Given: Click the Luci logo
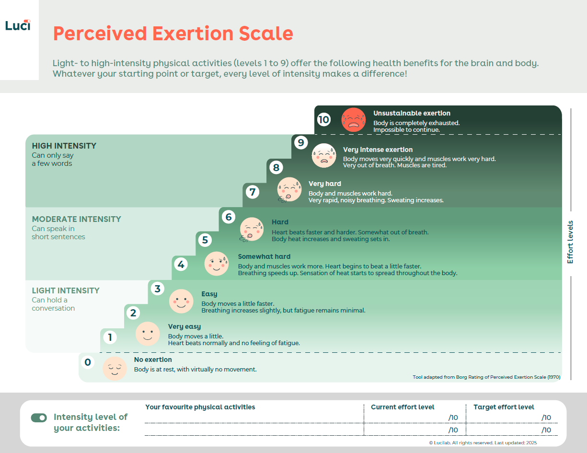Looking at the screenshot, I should click(x=18, y=25).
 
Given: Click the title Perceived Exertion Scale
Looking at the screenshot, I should click(x=173, y=34).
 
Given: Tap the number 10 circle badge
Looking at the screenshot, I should click(x=324, y=119).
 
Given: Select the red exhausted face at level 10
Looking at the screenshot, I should click(x=354, y=119).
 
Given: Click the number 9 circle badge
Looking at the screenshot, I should click(x=301, y=142).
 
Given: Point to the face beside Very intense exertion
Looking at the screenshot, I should click(x=324, y=156).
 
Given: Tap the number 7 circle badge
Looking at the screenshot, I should click(x=253, y=192).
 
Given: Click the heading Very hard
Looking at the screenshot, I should click(x=324, y=184).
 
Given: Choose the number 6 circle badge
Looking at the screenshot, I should click(x=229, y=217).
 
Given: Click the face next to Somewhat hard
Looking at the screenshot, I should click(x=217, y=264).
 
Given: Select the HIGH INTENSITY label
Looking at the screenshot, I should click(x=64, y=146).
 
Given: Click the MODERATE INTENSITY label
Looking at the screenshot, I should click(x=76, y=219).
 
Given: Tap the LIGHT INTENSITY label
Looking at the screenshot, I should click(x=66, y=290).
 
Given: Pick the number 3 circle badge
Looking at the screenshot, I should click(x=157, y=289).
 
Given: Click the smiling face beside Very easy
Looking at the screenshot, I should click(x=148, y=334).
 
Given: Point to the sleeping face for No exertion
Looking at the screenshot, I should click(x=115, y=369).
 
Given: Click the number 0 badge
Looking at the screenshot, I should click(x=88, y=362).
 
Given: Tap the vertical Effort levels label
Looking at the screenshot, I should click(x=570, y=242).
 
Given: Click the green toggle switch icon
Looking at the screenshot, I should click(x=39, y=418).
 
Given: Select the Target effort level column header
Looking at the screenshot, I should click(x=504, y=407).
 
